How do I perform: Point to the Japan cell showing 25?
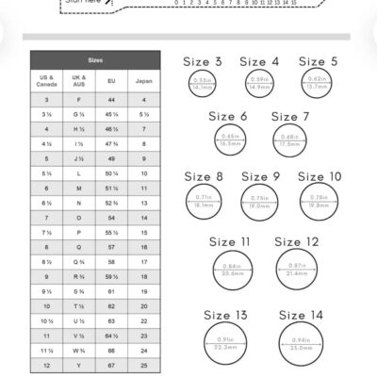(x=144, y=365)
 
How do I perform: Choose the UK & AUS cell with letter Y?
(x=79, y=365)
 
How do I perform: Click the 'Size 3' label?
(x=204, y=62)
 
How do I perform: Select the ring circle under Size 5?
(x=318, y=84)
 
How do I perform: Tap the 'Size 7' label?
(x=290, y=117)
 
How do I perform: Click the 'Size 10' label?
(x=320, y=176)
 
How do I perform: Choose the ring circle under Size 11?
(x=231, y=271)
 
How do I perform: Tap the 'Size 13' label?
(x=226, y=315)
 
